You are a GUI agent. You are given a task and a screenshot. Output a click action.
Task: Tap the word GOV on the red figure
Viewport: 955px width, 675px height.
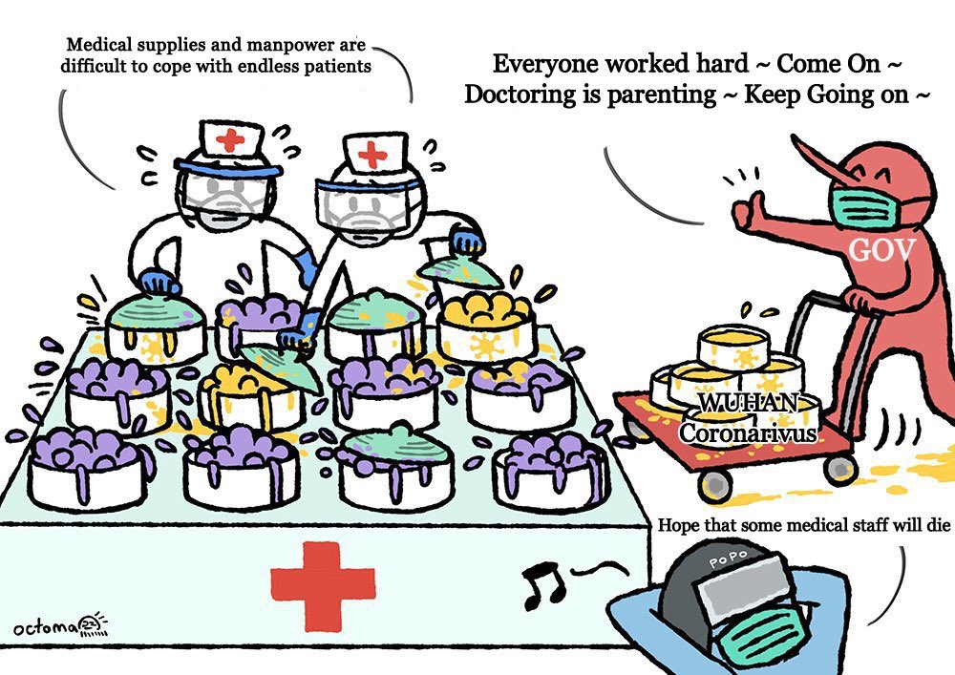click(x=882, y=251)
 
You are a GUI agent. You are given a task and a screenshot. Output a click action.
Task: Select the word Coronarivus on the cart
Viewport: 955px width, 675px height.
click(x=748, y=432)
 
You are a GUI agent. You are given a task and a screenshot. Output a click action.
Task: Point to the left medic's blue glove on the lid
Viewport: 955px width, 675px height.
click(x=158, y=284)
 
